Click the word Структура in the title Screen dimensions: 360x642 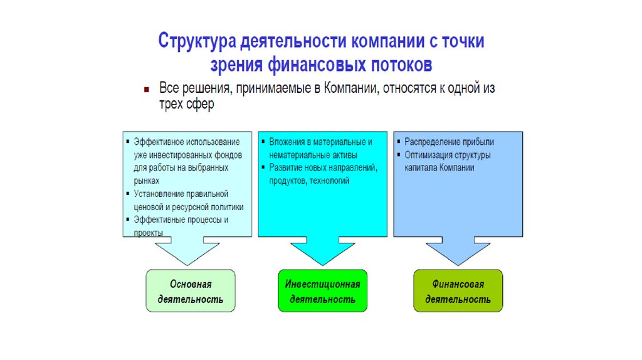(x=196, y=42)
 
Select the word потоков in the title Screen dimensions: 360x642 (x=401, y=65)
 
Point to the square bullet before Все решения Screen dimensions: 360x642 (x=145, y=89)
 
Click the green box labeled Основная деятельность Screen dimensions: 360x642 (x=191, y=291)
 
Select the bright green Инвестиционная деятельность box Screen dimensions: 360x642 (x=322, y=291)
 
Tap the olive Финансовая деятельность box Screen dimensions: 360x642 (x=458, y=291)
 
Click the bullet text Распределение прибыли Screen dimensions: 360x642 (x=449, y=142)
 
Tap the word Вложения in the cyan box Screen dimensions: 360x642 (x=288, y=142)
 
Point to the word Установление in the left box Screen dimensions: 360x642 (x=160, y=194)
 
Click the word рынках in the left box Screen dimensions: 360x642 (x=146, y=181)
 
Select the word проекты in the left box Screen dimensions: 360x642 (x=148, y=233)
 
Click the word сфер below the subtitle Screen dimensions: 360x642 (x=201, y=105)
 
